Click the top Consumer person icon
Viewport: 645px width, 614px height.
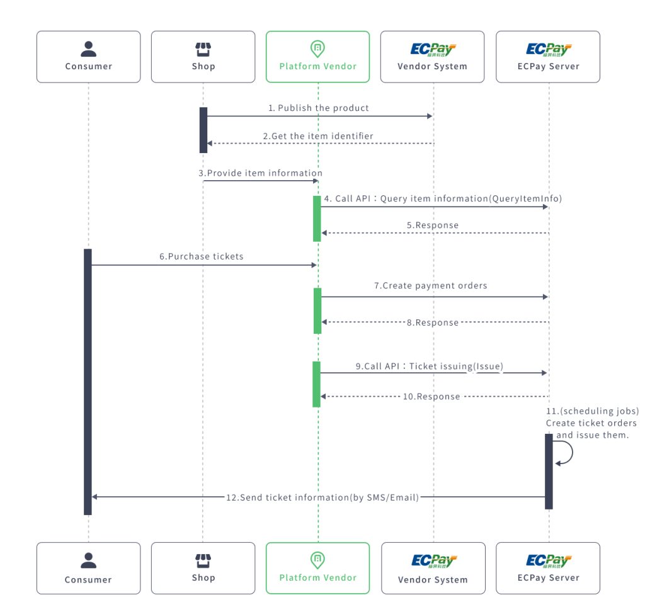click(x=88, y=48)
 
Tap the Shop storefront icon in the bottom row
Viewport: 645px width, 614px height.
click(x=203, y=560)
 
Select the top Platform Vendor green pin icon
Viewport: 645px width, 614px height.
click(x=317, y=48)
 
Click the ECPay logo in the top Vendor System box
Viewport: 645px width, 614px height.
click(x=433, y=49)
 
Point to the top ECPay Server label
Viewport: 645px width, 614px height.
click(x=548, y=66)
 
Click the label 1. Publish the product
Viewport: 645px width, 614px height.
click(x=319, y=108)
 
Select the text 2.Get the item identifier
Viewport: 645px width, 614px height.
click(x=318, y=136)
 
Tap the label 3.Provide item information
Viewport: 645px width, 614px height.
click(x=261, y=173)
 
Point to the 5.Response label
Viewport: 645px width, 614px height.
click(x=433, y=225)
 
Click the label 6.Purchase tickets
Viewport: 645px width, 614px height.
click(x=201, y=256)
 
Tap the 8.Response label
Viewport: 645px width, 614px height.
click(x=433, y=322)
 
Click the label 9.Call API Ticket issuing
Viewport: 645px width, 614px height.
click(x=430, y=365)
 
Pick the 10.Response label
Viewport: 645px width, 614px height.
click(x=431, y=397)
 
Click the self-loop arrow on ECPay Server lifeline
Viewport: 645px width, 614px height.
click(x=564, y=453)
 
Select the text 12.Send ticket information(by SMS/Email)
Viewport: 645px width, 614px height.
click(x=322, y=497)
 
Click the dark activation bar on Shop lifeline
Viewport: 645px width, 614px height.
click(x=203, y=130)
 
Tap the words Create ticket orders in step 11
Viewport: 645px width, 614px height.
click(x=591, y=423)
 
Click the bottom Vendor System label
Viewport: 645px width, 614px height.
click(x=433, y=579)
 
